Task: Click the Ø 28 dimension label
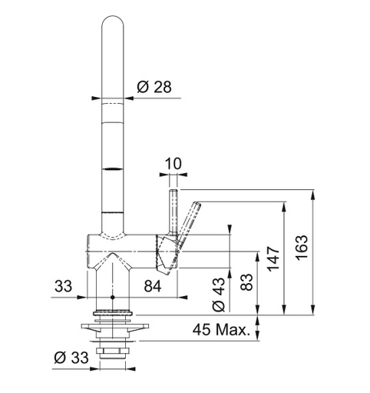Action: pyautogui.click(x=154, y=87)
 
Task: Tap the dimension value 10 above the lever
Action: pyautogui.click(x=173, y=163)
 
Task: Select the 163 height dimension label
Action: pyautogui.click(x=302, y=248)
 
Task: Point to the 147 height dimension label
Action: pyautogui.click(x=273, y=259)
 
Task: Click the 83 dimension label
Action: pyautogui.click(x=246, y=282)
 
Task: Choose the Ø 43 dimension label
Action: pyautogui.click(x=218, y=295)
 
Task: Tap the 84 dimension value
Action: pyautogui.click(x=153, y=286)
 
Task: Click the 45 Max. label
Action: pyautogui.click(x=221, y=329)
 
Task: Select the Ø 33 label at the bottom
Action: pyautogui.click(x=71, y=358)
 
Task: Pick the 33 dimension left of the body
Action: pyautogui.click(x=63, y=286)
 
